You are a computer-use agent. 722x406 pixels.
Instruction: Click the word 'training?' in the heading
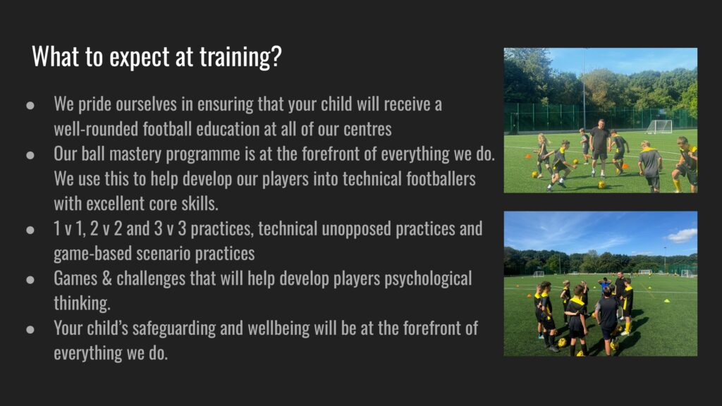coord(240,57)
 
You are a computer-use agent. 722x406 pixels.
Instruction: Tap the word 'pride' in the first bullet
coord(94,105)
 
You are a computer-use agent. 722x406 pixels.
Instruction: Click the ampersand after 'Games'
coord(107,278)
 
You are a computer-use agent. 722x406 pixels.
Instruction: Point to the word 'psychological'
coord(428,279)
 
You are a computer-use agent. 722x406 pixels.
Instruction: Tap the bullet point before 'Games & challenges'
coord(30,279)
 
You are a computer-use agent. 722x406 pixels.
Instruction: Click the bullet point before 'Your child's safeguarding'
coord(30,329)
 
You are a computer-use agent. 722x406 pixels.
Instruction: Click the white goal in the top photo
coord(659,127)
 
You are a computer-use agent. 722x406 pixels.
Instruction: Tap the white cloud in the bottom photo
coord(682,235)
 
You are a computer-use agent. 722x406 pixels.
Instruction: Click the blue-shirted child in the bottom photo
coord(604,285)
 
